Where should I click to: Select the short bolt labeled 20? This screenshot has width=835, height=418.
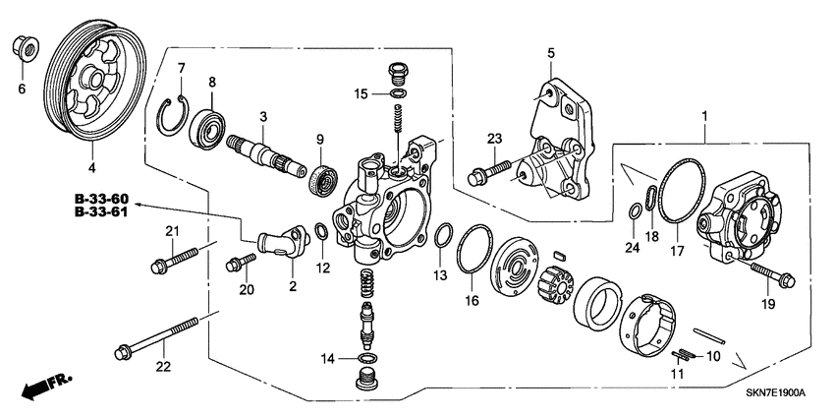239,263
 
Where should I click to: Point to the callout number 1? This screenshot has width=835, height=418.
702,117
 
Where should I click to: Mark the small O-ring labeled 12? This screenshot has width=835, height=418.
321,233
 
